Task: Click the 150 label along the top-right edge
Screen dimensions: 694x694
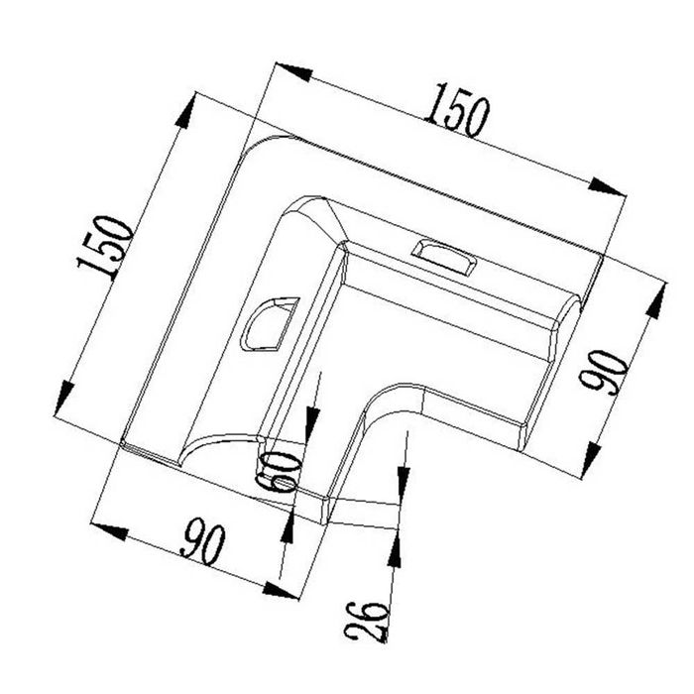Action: (458, 110)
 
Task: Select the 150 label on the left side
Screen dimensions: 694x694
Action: (105, 248)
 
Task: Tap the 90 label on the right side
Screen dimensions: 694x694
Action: (603, 372)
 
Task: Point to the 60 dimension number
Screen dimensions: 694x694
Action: (280, 472)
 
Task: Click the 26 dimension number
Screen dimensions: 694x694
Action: (367, 622)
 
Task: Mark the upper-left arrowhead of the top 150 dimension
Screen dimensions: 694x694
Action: (293, 72)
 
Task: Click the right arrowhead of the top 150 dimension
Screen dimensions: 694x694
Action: (607, 186)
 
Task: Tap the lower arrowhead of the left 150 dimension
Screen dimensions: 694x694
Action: (63, 398)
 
